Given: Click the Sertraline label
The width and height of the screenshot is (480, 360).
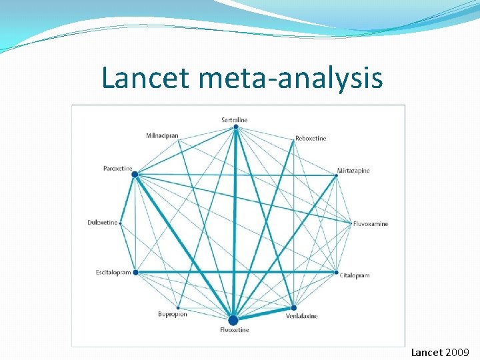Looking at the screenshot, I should coord(235,120).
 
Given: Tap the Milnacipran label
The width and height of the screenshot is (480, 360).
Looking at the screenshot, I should coord(162,136).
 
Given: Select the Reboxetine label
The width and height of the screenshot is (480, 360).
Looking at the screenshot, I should coord(311,139).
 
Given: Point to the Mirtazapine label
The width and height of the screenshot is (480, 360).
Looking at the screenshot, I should coord(353,171).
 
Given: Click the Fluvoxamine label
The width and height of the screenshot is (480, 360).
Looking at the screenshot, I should coord(371,224).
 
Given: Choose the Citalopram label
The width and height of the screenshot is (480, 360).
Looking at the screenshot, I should coord(355,275).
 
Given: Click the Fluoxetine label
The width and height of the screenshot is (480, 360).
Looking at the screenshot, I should coord(235,330).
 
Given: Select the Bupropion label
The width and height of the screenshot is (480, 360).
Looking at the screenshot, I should coord(173,314).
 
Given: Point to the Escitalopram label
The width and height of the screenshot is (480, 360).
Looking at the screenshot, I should coord(113,273).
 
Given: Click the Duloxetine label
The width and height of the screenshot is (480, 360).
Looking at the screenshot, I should coord(103,223).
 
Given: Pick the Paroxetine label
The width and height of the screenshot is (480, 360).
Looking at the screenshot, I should coord(118,169).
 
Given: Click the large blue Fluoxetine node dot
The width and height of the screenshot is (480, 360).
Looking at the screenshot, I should coord(233,320).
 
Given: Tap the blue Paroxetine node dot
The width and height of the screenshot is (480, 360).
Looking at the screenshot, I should coord(135,175).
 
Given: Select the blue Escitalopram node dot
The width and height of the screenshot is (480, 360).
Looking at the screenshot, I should coord(135,272).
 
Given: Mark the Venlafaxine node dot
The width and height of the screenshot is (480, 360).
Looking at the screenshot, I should coord(293,307).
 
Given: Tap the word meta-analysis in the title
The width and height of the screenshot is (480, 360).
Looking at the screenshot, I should coord(291,78).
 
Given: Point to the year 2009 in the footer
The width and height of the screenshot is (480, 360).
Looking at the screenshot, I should coord(457,352).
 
